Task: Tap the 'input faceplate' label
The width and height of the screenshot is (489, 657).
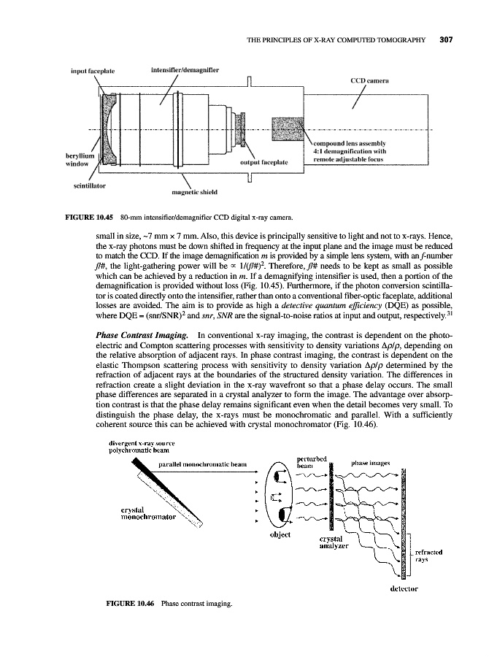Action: (93, 72)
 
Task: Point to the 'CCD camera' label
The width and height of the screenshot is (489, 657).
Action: (374, 82)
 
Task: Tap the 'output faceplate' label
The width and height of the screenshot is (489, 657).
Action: (263, 161)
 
